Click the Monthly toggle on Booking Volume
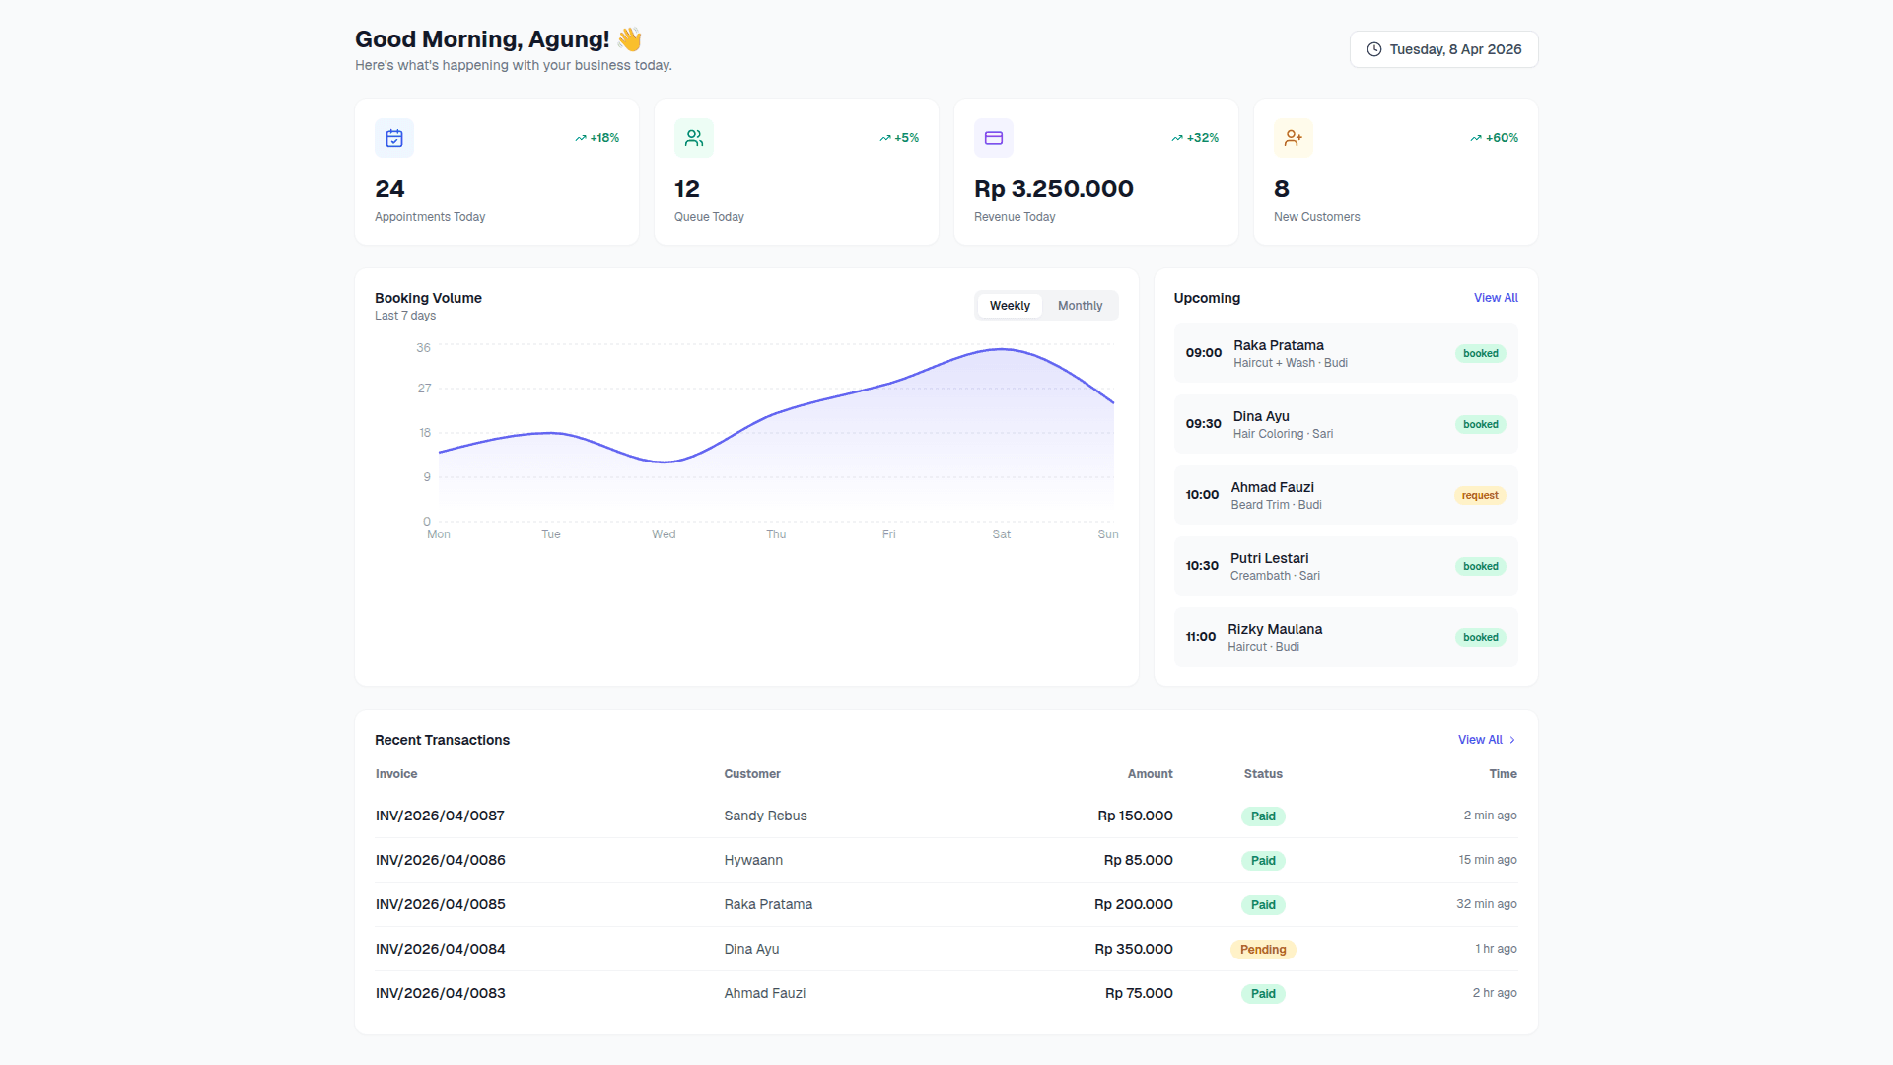click(1080, 306)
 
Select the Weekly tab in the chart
click(1010, 306)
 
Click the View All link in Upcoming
click(1495, 298)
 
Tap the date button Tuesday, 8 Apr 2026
click(1443, 49)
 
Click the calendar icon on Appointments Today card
click(394, 138)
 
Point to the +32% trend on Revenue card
click(1195, 138)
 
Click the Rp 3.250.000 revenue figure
click(1053, 189)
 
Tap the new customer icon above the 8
click(1293, 138)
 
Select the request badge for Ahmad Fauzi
click(1479, 496)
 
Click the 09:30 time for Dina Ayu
click(1203, 424)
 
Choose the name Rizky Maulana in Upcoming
click(1274, 629)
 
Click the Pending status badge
click(1262, 950)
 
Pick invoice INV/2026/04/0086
click(440, 860)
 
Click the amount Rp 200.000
click(1133, 904)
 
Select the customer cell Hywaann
click(752, 860)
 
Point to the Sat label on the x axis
click(1001, 534)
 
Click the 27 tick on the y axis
click(424, 389)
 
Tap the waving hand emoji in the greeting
click(629, 39)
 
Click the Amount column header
click(1150, 774)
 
